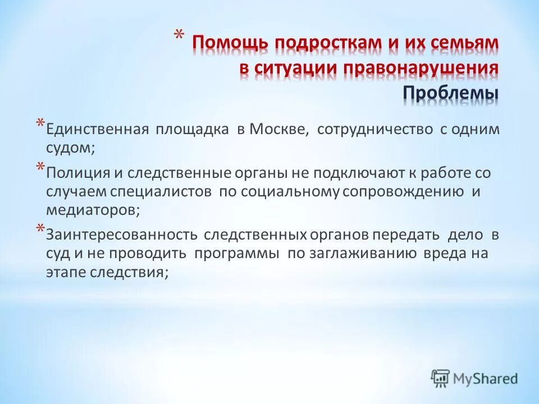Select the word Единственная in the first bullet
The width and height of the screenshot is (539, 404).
pyautogui.click(x=97, y=130)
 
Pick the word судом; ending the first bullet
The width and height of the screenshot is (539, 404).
pyautogui.click(x=71, y=148)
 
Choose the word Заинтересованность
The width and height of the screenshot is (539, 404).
pyautogui.click(x=121, y=235)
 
